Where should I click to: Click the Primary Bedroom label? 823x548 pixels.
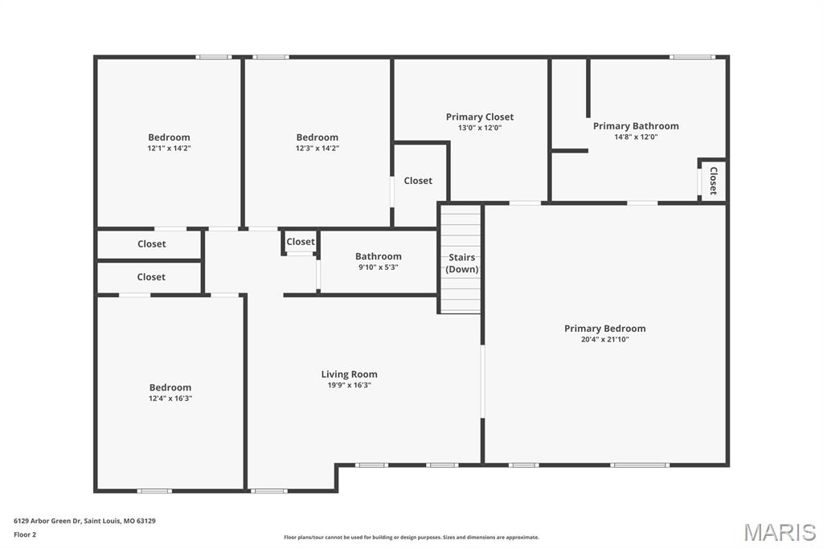pos(604,329)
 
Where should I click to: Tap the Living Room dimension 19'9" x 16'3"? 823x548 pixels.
pos(349,385)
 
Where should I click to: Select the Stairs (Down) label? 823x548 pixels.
pos(462,264)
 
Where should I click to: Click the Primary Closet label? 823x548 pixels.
pos(480,117)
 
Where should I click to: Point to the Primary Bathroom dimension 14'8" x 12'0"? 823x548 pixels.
pos(636,137)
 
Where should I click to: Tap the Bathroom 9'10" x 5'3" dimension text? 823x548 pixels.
pos(378,268)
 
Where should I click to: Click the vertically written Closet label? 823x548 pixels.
pos(714,181)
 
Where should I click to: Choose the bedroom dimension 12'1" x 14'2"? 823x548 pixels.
pos(169,149)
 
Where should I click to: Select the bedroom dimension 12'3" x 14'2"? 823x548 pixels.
pos(317,149)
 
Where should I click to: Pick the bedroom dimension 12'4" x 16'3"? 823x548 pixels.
pos(170,399)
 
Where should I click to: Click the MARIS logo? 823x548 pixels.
pos(780,532)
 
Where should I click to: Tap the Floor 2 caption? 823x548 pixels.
pos(25,535)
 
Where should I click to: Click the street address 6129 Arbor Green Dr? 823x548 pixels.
pos(47,521)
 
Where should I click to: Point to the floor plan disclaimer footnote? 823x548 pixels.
pos(411,538)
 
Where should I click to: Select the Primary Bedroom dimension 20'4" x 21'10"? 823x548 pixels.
pos(604,340)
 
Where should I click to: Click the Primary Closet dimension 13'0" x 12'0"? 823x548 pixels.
pos(480,128)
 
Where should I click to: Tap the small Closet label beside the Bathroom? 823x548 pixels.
pos(301,242)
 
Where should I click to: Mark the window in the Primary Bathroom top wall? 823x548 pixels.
pos(692,57)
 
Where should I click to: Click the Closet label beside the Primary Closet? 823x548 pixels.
pos(418,181)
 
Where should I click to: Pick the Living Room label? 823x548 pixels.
pos(349,374)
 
